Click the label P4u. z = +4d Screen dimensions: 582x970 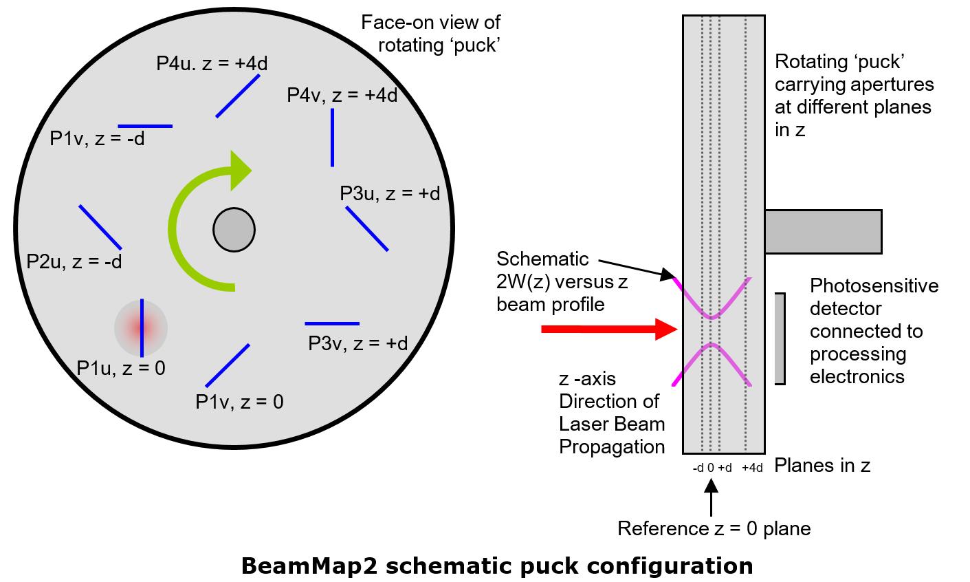(212, 63)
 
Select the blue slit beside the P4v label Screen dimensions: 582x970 (333, 138)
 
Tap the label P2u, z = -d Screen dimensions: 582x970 (74, 262)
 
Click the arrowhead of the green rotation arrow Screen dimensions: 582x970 (240, 170)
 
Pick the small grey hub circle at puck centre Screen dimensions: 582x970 (234, 229)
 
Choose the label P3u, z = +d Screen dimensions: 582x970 (390, 194)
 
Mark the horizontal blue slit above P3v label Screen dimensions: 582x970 (332, 323)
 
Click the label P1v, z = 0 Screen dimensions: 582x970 (239, 402)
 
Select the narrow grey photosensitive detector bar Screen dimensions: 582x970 (780, 338)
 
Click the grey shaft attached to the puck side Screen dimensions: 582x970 (823, 231)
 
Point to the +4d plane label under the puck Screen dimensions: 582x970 (753, 468)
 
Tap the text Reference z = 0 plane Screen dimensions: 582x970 (714, 528)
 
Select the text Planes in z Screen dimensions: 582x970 (822, 466)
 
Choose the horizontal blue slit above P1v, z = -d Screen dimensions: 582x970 (145, 126)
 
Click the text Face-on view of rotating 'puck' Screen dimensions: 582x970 (431, 34)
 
